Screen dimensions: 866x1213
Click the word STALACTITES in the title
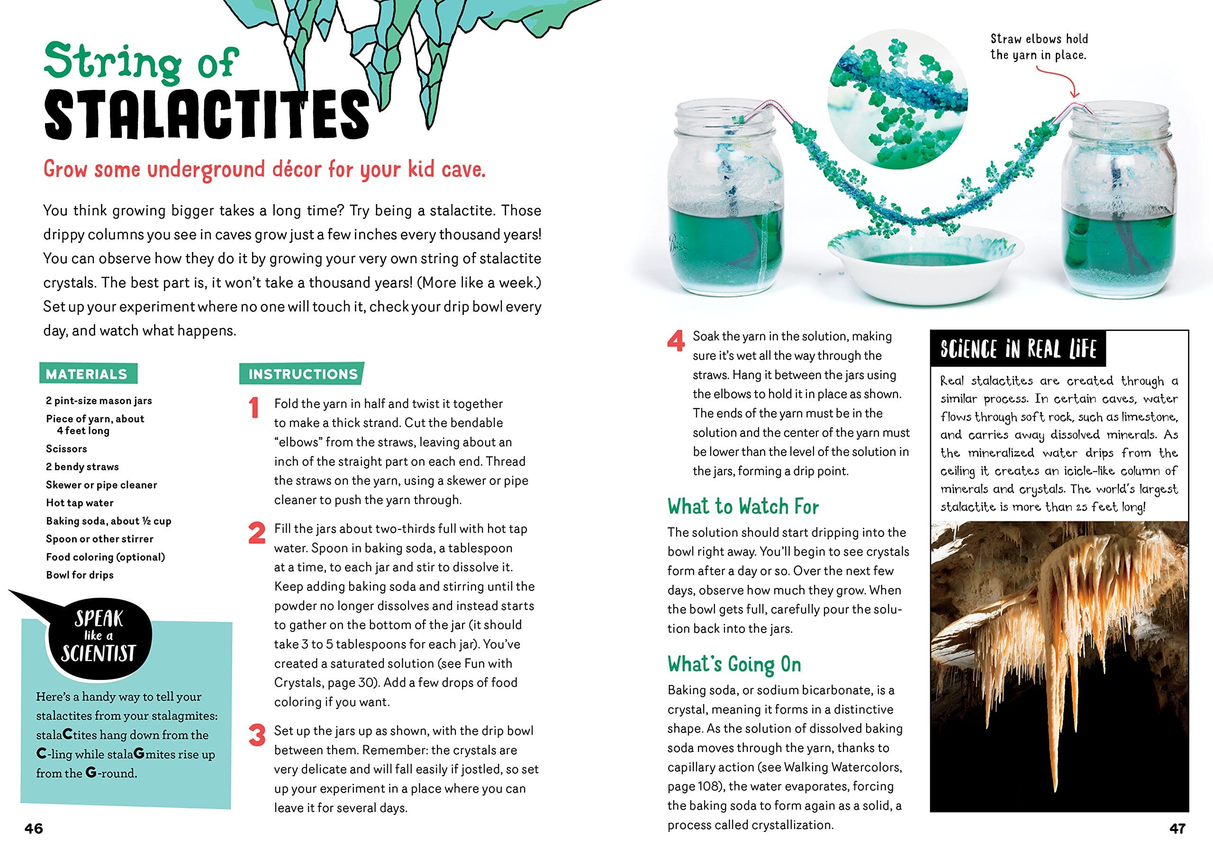(x=207, y=115)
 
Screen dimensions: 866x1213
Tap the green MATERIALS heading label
(x=87, y=374)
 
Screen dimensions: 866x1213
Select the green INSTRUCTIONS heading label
(x=302, y=374)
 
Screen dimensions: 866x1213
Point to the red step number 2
(x=257, y=533)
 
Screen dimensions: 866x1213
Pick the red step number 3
(x=257, y=735)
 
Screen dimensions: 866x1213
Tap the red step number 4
(x=676, y=341)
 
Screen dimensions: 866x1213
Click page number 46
(x=34, y=828)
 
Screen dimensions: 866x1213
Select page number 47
(x=1178, y=828)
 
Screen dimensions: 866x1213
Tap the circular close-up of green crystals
(x=897, y=101)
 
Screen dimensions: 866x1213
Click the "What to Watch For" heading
(x=743, y=507)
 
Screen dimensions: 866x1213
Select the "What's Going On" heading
(x=734, y=664)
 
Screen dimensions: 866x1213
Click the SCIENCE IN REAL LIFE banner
(x=1018, y=349)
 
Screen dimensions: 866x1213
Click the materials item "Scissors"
(x=66, y=449)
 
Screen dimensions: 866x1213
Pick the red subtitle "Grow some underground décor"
(x=264, y=170)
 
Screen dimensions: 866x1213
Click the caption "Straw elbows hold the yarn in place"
(x=1039, y=47)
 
